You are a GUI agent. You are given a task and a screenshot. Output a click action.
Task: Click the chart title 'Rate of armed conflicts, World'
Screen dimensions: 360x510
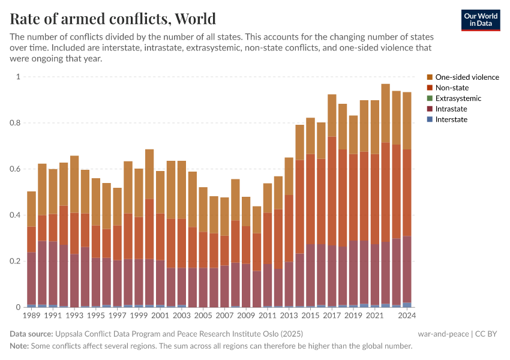(x=113, y=19)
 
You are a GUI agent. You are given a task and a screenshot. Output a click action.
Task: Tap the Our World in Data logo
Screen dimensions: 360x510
(x=480, y=19)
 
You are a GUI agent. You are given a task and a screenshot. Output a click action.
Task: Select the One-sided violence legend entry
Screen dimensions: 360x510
(x=467, y=77)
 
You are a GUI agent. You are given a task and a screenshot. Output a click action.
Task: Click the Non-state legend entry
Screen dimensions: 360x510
(x=452, y=88)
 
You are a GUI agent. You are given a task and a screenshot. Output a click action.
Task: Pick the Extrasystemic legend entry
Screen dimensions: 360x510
(x=458, y=98)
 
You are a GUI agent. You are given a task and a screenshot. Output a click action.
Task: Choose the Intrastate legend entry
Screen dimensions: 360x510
(x=451, y=109)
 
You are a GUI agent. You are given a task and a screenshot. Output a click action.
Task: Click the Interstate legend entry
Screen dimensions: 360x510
(x=451, y=119)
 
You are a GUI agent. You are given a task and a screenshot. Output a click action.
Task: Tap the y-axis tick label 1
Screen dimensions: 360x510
(x=18, y=77)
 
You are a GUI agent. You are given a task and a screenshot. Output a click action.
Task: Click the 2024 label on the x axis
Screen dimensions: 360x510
(x=407, y=315)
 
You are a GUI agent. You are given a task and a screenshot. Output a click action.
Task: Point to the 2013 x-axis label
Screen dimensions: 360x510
(x=289, y=315)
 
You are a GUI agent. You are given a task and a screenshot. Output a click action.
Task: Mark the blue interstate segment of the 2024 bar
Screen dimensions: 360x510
(x=407, y=305)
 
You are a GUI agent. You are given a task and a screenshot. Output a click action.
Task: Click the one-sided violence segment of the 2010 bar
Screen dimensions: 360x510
(x=256, y=220)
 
